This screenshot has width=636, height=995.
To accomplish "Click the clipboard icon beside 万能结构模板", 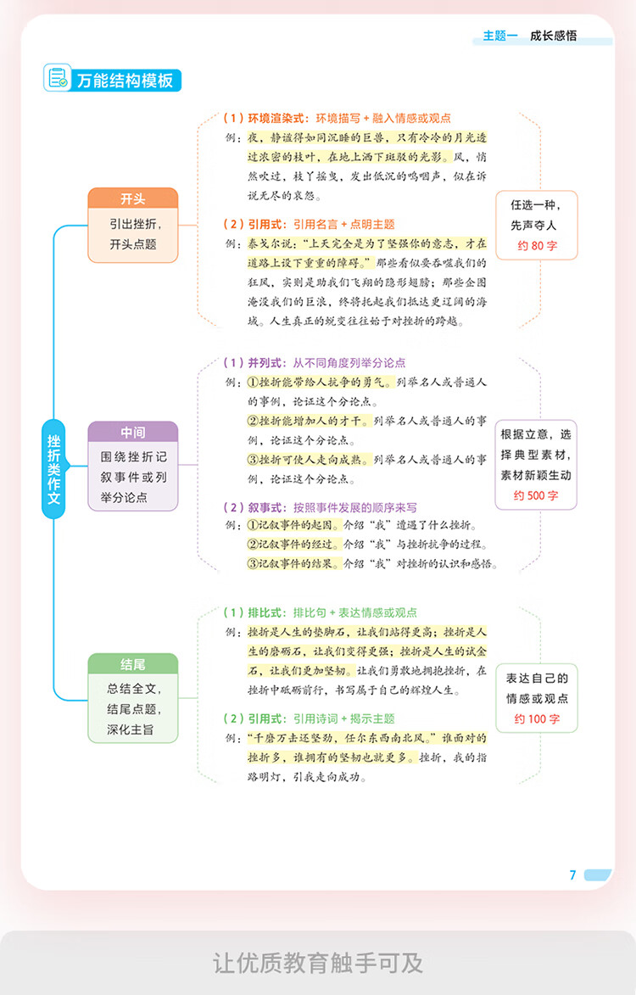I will pos(58,78).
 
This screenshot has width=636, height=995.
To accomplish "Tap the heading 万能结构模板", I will pos(125,81).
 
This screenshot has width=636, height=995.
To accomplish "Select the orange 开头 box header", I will pos(133,198).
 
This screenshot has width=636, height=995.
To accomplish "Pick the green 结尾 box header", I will pos(133,664).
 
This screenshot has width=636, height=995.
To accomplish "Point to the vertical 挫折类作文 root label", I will pos(53,468).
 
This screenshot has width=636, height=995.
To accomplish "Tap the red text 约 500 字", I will pos(536,495).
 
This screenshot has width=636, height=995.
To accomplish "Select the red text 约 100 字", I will pos(537,719).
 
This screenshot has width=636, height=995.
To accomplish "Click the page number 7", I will pos(573,875).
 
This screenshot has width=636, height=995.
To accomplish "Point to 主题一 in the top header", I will pos(500,36).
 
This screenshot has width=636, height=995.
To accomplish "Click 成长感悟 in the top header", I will pos(553,36).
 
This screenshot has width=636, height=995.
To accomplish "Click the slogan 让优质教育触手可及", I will pos(318,964).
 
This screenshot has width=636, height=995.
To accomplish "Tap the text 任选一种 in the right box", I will pos(535,205).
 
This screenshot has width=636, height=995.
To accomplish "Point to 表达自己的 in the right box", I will pos(537,678).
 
